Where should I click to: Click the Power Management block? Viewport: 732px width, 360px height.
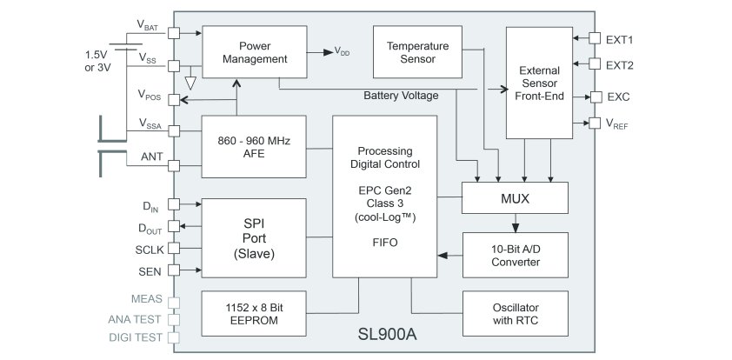click(x=254, y=51)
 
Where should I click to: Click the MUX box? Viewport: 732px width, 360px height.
click(x=514, y=198)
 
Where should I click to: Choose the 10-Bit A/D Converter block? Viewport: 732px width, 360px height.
click(x=515, y=255)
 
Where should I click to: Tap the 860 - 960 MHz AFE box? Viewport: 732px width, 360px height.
click(x=254, y=145)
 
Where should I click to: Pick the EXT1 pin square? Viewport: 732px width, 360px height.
click(x=596, y=39)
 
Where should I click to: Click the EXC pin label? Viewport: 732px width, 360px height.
click(x=618, y=97)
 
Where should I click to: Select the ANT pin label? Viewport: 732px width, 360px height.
click(x=151, y=157)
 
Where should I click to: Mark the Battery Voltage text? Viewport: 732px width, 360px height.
click(x=401, y=96)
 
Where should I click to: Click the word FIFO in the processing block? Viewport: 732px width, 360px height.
click(x=384, y=243)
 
